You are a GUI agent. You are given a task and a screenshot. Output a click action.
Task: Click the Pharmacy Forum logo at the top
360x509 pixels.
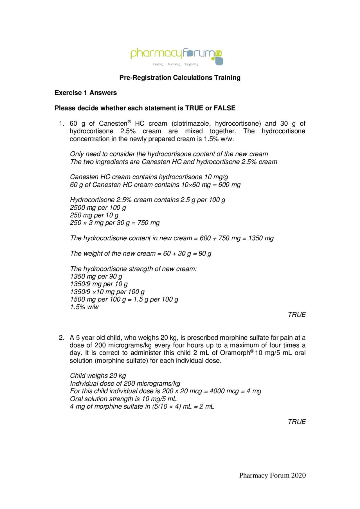[x=177, y=56]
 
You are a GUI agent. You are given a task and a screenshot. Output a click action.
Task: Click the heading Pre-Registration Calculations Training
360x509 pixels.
[x=180, y=78]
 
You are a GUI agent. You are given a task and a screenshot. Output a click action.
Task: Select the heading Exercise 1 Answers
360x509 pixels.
[x=85, y=93]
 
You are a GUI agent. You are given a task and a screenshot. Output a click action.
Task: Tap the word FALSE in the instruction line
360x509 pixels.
[x=224, y=108]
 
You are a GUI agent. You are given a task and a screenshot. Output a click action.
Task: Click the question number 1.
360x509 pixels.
[x=62, y=124]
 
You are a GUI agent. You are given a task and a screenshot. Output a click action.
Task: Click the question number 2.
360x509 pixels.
[x=62, y=338]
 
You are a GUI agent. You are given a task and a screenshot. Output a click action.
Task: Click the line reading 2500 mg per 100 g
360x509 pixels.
[x=98, y=208]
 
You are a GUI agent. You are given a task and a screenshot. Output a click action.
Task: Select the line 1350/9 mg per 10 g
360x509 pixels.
[x=99, y=284]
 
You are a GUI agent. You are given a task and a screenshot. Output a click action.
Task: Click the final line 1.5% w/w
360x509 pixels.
[x=84, y=307]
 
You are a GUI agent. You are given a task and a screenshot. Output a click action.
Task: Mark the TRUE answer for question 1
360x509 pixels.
[x=296, y=315]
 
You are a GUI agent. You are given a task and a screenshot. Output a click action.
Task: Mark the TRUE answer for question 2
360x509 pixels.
[x=296, y=422]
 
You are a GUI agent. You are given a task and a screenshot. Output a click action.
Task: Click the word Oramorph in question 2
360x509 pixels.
[x=235, y=353]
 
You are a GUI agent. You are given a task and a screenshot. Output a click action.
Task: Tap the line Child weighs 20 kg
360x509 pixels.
[x=98, y=376]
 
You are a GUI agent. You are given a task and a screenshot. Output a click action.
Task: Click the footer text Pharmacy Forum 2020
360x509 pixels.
[x=272, y=475]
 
